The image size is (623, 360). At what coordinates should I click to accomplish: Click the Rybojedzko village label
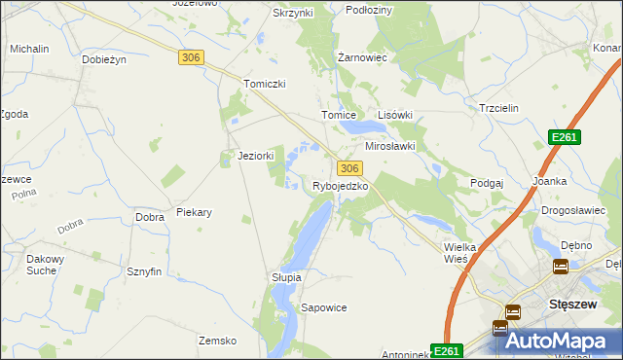(339, 185)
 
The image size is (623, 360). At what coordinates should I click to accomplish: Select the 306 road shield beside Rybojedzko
(350, 168)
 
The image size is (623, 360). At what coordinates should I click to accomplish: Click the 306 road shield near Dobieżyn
(191, 58)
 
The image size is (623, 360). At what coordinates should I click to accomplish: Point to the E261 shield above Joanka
(564, 137)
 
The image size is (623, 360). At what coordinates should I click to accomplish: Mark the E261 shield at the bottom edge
(446, 351)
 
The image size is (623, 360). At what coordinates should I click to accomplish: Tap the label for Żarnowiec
(362, 57)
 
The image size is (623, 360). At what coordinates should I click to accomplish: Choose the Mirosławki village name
(389, 146)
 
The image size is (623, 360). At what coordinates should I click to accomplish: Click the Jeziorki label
(256, 156)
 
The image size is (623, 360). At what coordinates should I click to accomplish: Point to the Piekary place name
(194, 211)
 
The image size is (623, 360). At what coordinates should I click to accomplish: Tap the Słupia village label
(286, 277)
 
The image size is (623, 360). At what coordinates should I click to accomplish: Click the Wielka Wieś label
(459, 253)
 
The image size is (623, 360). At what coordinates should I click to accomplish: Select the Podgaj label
(486, 182)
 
